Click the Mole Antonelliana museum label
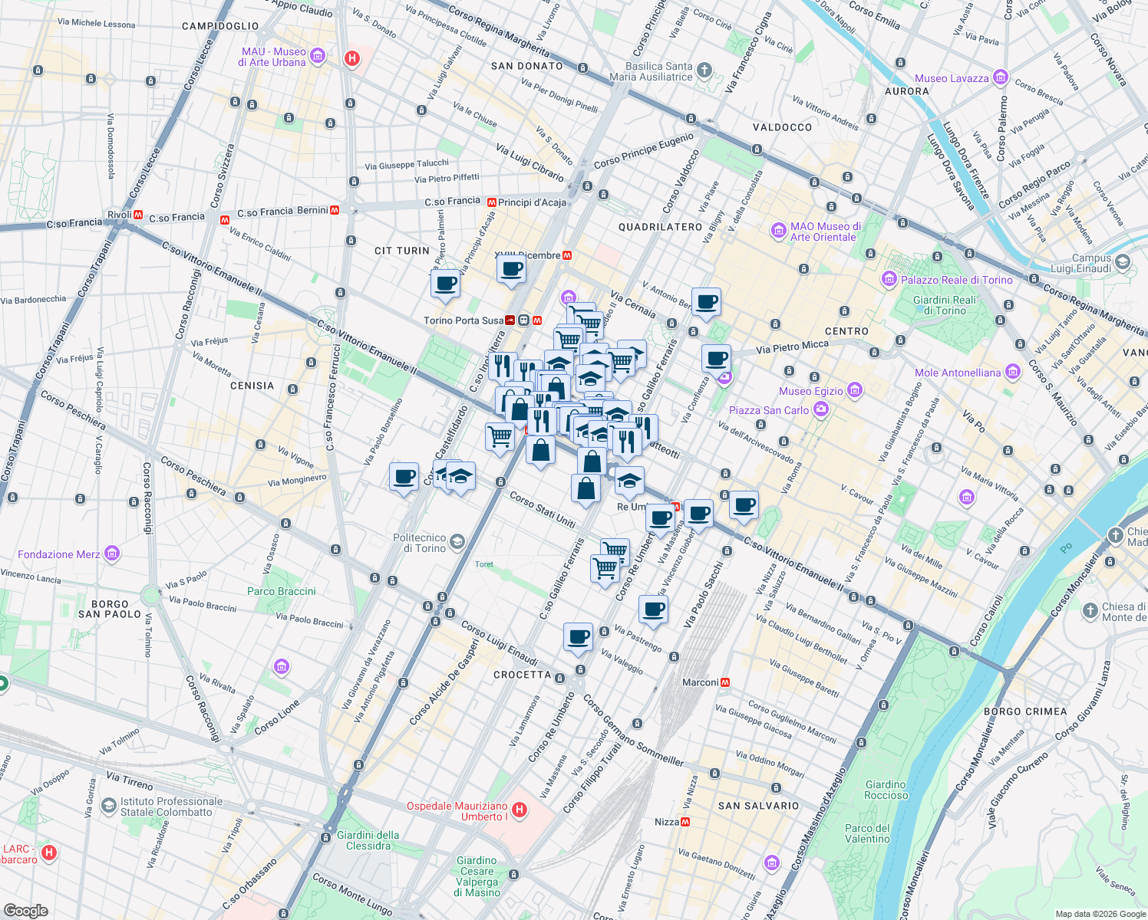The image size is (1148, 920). (958, 373)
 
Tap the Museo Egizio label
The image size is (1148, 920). (810, 391)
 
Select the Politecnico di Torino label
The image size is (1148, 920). (419, 543)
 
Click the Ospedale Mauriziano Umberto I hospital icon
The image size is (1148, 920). (520, 810)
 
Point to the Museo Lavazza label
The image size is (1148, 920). (952, 78)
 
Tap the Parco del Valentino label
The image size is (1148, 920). (867, 833)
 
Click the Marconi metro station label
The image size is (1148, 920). (700, 682)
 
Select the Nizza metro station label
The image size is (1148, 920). (666, 822)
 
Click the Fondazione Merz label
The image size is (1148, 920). (58, 554)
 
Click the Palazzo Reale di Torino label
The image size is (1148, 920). (956, 280)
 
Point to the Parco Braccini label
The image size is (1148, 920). (281, 591)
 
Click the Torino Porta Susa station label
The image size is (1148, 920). (463, 320)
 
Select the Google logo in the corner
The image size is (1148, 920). (25, 910)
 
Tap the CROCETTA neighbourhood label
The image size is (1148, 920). (522, 675)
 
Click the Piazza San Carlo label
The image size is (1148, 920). (768, 410)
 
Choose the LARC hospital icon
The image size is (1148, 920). (49, 853)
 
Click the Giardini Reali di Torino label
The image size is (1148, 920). (944, 305)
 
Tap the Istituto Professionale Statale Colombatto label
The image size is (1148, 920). (170, 807)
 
